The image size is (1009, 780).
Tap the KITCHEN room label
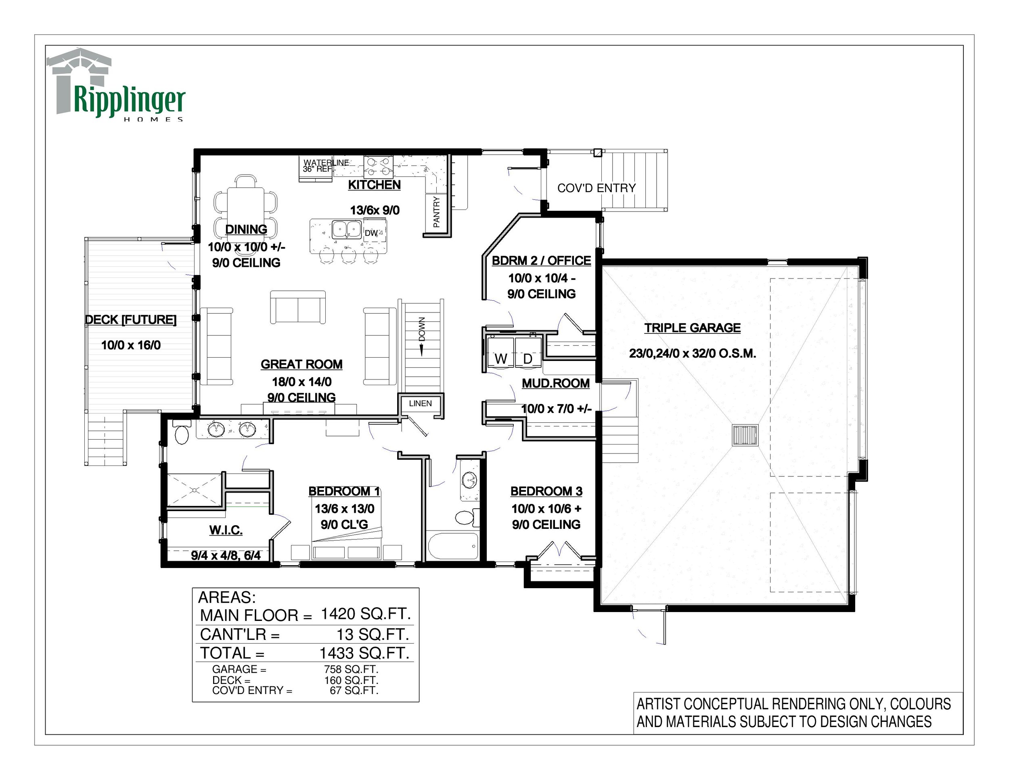pos(374,185)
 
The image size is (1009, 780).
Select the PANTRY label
pos(437,212)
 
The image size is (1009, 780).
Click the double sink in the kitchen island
pos(347,229)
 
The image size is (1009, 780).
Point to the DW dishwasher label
pos(371,233)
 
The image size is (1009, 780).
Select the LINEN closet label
pos(421,403)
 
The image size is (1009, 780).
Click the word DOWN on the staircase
pos(422,329)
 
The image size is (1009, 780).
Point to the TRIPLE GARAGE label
pos(693,328)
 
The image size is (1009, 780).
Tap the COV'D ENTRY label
pos(597,188)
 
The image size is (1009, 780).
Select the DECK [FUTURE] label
pos(131,320)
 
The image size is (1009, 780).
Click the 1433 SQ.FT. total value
pos(364,653)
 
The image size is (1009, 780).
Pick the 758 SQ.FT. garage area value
pos(351,669)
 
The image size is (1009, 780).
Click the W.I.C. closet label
pos(226,530)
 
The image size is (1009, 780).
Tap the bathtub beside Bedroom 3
pos(453,546)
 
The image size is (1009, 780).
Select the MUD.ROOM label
pos(556,383)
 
